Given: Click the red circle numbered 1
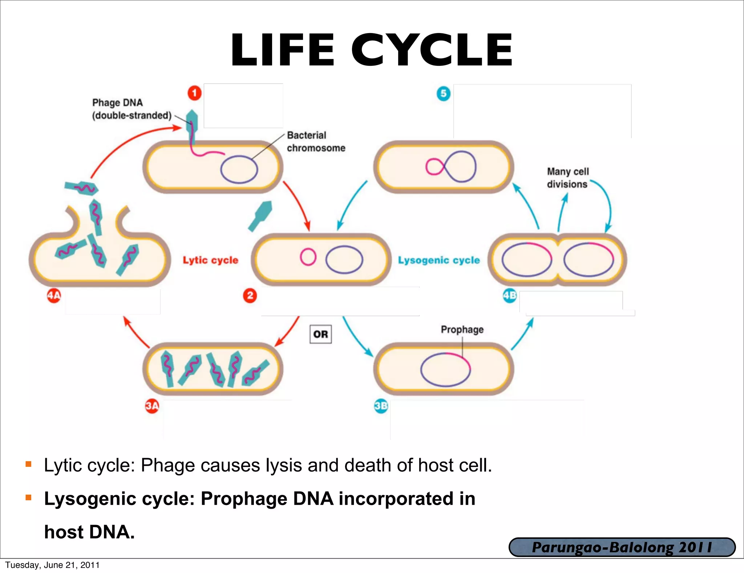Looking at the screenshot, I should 194,93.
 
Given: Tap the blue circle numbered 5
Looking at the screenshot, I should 443,93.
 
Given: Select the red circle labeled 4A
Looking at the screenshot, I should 54,295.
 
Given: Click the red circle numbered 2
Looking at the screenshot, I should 250,295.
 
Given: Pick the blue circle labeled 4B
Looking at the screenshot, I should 509,295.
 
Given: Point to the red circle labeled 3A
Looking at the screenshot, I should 152,406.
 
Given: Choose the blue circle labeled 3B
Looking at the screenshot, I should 381,406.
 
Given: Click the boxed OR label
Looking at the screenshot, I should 320,334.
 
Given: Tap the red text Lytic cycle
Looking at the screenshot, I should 210,260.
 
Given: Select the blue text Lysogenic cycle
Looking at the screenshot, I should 439,260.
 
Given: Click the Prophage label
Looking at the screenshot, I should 462,329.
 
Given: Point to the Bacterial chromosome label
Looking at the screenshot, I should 316,141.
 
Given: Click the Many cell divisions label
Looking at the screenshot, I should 567,178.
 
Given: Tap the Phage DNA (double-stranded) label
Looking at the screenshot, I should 131,109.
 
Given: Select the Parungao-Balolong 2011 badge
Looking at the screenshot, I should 622,547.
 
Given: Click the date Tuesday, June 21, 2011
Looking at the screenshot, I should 52,565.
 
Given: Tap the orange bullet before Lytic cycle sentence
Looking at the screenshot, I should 29,464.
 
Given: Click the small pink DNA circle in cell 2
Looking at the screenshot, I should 308,257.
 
